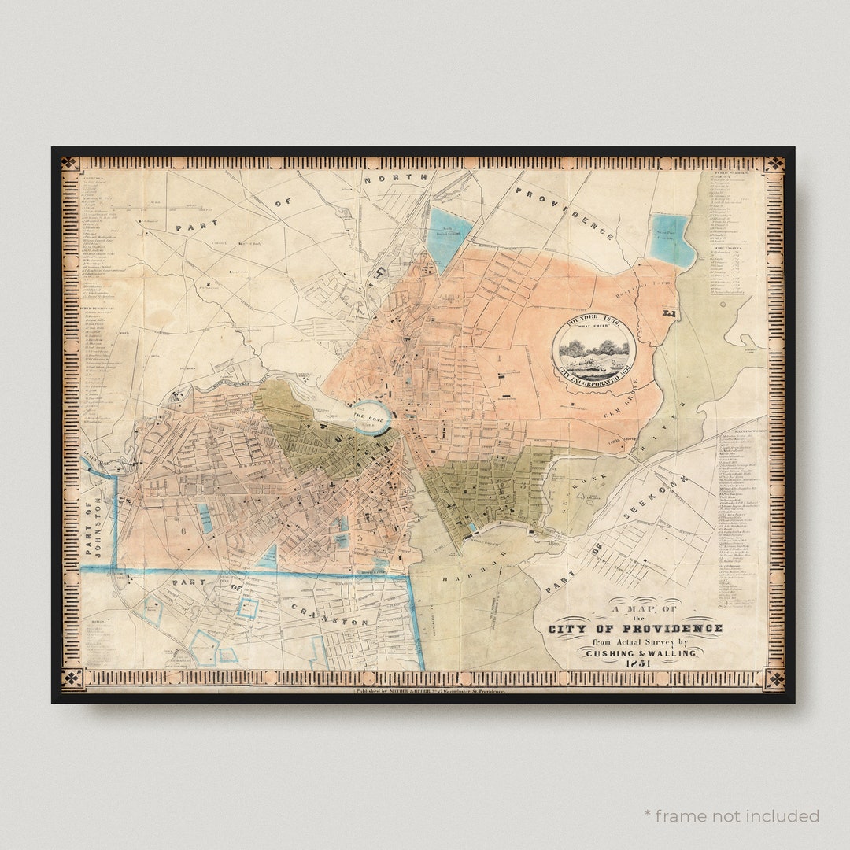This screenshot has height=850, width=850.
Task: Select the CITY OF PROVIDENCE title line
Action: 635,628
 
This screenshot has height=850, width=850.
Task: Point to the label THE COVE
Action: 368,416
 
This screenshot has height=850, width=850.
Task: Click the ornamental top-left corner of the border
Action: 70,164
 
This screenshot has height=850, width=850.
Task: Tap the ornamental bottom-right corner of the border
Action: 774,678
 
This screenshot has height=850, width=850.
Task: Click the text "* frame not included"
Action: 731,815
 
